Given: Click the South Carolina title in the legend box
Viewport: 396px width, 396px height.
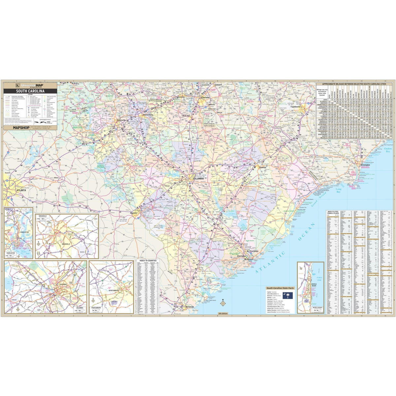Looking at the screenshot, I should (28, 91).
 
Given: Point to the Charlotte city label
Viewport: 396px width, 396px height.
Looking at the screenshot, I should (205, 98).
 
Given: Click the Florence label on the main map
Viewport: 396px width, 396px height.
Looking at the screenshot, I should (263, 168).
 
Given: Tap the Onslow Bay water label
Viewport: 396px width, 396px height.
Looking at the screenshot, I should (390, 150).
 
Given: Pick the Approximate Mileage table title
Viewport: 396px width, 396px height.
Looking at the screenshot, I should (355, 84).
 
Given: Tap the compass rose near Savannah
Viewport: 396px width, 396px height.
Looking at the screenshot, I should (223, 303).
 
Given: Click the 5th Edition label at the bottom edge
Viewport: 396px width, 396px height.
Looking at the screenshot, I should (223, 313).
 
